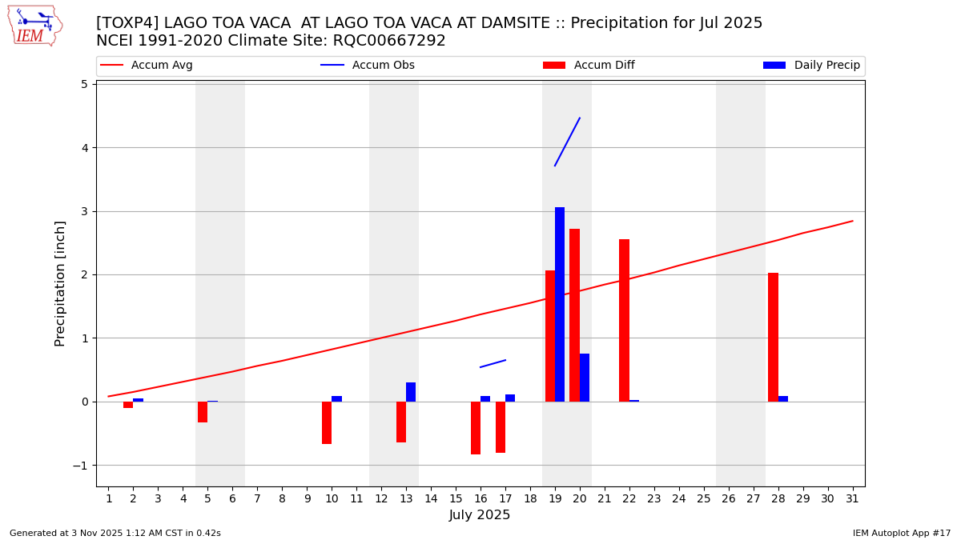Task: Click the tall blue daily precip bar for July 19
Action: [x=560, y=304]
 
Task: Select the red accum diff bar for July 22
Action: [x=624, y=320]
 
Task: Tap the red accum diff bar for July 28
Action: [x=773, y=337]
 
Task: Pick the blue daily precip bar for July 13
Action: [x=411, y=392]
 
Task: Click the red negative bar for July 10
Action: [x=327, y=422]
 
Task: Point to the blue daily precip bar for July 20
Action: [x=585, y=378]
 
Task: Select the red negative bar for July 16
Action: [x=476, y=428]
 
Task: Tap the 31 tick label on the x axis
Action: [x=852, y=499]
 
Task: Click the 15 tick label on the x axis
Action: [x=456, y=499]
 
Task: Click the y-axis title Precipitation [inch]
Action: [x=60, y=283]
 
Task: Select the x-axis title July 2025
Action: [x=480, y=515]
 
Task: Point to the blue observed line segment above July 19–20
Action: [x=567, y=142]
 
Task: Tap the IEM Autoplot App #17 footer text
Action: [x=901, y=533]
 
